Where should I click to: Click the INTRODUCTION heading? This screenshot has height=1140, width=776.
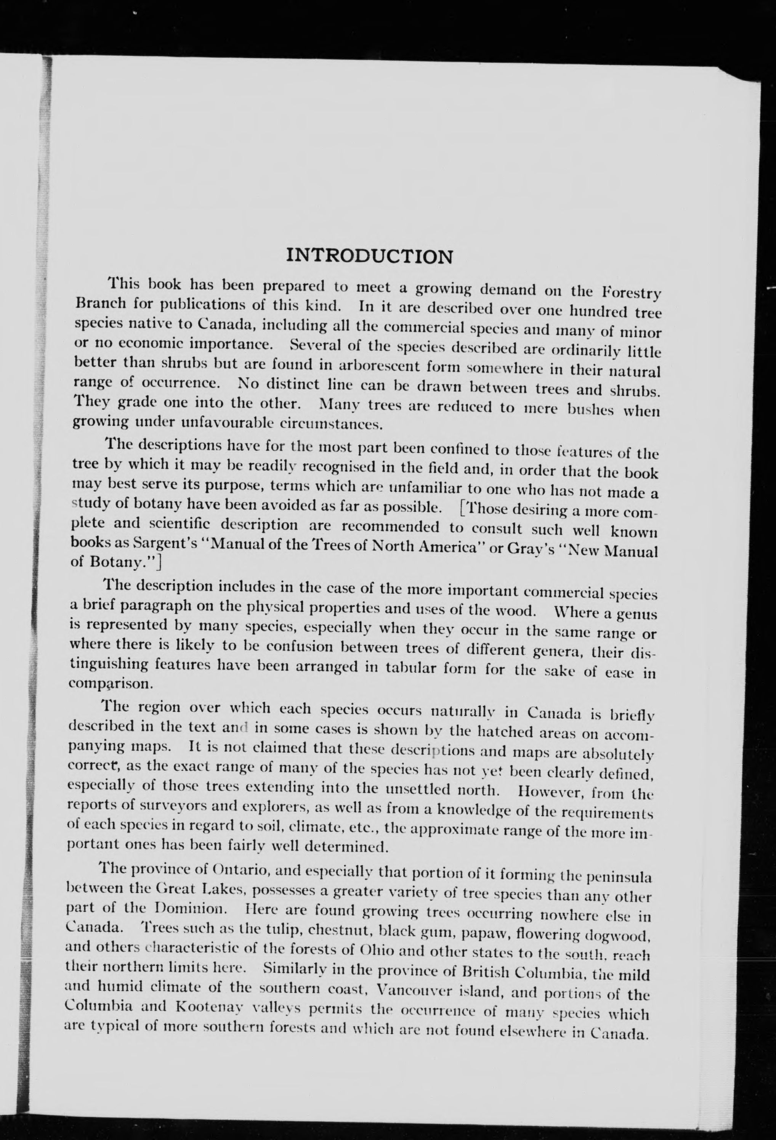369,256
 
